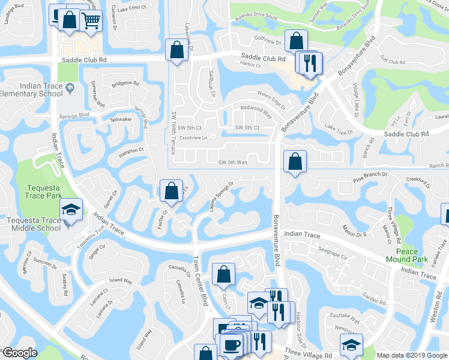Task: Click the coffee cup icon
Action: [x=231, y=344]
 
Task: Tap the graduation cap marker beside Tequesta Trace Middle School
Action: [x=71, y=210]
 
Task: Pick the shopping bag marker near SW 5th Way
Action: [x=295, y=162]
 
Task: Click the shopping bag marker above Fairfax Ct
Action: [x=172, y=191]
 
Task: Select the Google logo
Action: [x=20, y=353]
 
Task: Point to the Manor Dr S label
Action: [x=354, y=230]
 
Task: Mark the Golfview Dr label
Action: [x=266, y=42]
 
